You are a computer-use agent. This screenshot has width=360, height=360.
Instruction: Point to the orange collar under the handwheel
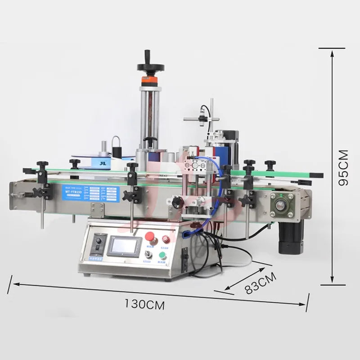tap(148, 79)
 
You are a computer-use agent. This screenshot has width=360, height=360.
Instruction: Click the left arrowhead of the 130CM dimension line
tap(13, 284)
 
